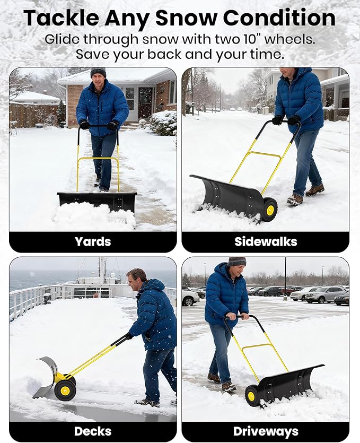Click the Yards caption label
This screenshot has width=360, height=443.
click(x=93, y=242)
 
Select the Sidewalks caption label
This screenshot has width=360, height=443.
click(x=266, y=242)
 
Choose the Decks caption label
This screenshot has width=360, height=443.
click(x=93, y=431)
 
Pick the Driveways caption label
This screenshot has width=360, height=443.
click(x=266, y=431)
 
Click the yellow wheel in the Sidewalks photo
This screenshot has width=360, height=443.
click(x=270, y=210)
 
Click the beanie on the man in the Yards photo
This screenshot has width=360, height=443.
click(x=98, y=72)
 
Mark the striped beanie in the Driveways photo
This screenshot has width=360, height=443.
click(x=237, y=262)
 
